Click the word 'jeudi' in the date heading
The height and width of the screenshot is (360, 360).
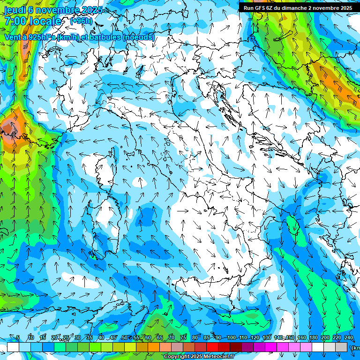tap(15, 10)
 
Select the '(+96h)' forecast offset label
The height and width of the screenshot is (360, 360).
tap(81, 21)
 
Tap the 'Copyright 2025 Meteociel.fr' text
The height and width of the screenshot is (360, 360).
tap(199, 357)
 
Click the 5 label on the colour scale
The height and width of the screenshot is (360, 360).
tap(18, 338)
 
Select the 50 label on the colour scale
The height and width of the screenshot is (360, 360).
tap(124, 338)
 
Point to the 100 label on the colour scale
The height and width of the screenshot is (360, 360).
tap(231, 338)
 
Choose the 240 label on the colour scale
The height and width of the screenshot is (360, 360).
tap(348, 338)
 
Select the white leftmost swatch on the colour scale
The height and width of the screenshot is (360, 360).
tap(13, 347)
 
